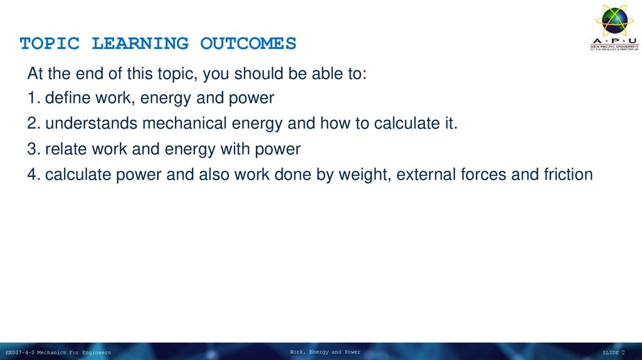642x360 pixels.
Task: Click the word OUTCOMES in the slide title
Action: pos(248,44)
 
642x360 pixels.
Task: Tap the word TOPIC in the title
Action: pos(50,44)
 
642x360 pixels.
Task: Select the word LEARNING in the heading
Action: pos(140,44)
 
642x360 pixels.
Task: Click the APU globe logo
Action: pos(614,22)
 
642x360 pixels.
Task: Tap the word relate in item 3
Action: pos(65,149)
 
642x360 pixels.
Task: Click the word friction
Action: pos(567,174)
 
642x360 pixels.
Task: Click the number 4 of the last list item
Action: pos(32,174)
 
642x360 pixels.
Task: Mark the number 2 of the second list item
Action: pos(32,124)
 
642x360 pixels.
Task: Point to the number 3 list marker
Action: pos(32,149)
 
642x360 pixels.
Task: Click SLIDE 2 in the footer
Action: pos(614,352)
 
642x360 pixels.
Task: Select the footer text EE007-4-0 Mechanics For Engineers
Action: pos(58,352)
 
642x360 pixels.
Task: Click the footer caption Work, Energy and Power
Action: pos(325,352)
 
